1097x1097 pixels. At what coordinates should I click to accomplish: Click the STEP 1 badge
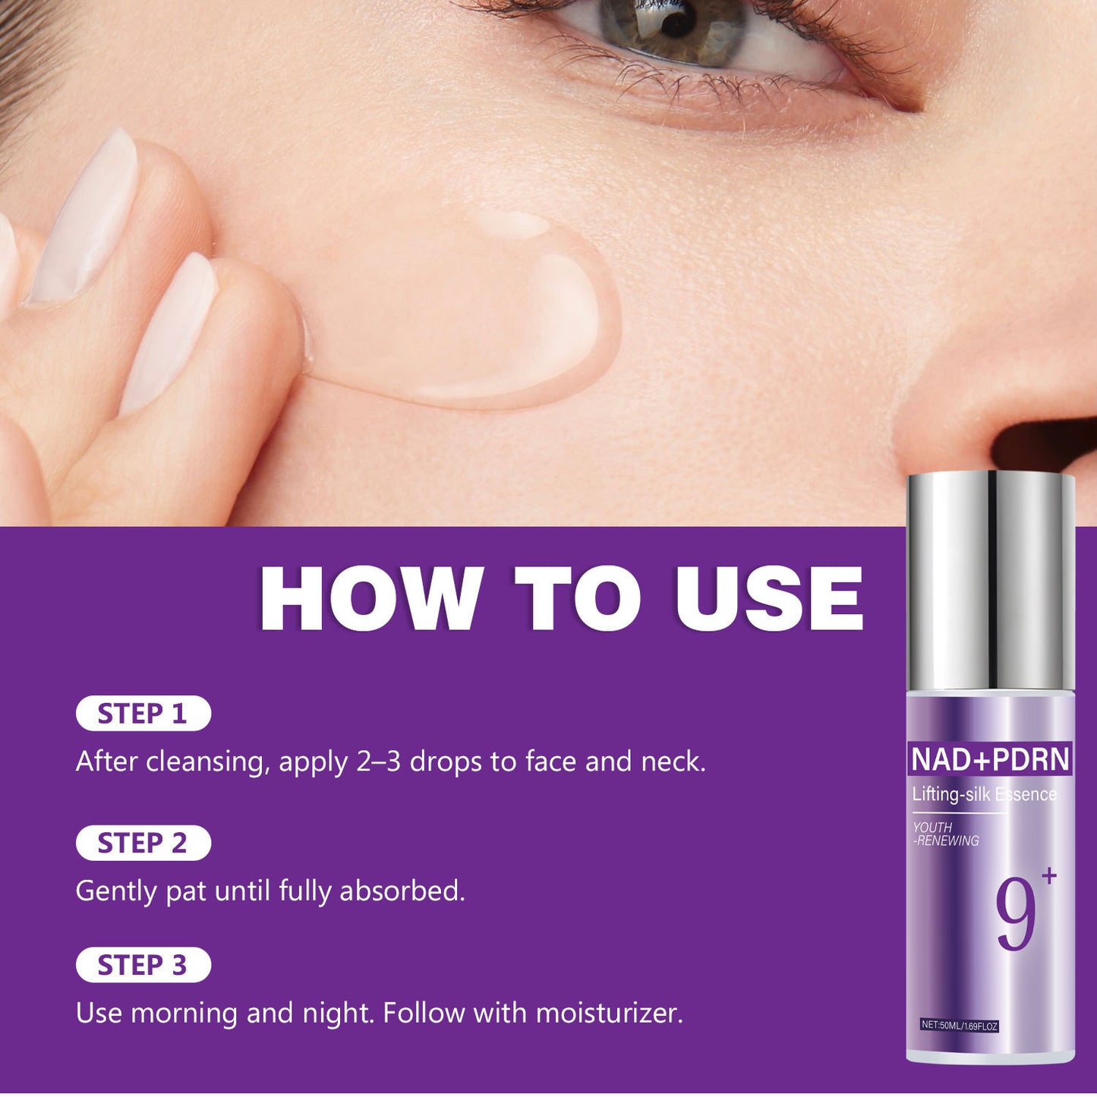[143, 714]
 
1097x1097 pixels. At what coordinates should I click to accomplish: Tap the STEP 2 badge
[143, 843]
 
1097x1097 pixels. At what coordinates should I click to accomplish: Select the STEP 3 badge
[143, 965]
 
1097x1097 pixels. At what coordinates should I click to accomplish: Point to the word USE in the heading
[769, 599]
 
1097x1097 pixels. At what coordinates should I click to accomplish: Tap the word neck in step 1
[670, 761]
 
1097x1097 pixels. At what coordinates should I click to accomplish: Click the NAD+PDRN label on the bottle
[990, 759]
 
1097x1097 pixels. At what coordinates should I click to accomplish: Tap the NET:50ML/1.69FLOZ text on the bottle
[960, 1026]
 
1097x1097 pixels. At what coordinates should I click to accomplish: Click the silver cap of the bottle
[990, 581]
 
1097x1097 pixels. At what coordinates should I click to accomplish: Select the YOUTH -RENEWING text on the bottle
[946, 834]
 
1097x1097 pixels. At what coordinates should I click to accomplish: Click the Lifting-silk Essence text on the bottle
[984, 794]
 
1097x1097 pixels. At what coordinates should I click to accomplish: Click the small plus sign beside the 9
[1049, 876]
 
